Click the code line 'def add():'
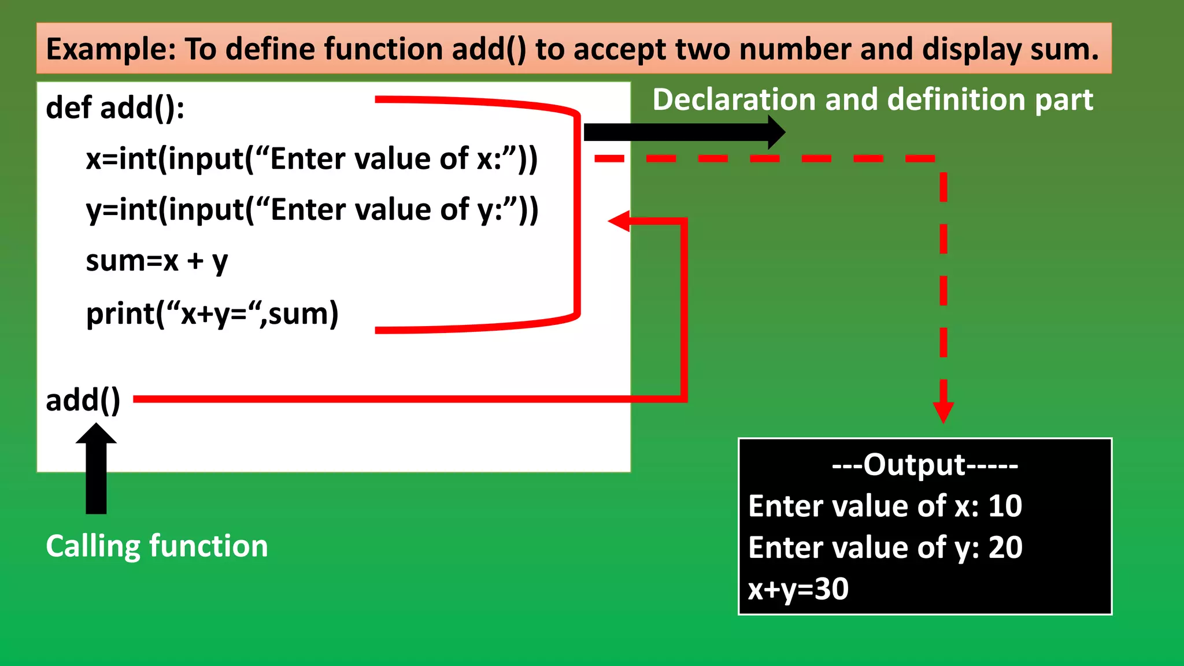point(115,108)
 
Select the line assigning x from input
point(312,159)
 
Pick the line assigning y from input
point(312,210)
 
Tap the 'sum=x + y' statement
point(157,261)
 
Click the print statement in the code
point(212,314)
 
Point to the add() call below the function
point(83,400)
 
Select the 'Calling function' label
point(157,546)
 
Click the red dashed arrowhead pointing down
point(943,412)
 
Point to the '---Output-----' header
point(925,465)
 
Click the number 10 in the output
point(1005,506)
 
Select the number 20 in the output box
point(1005,547)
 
